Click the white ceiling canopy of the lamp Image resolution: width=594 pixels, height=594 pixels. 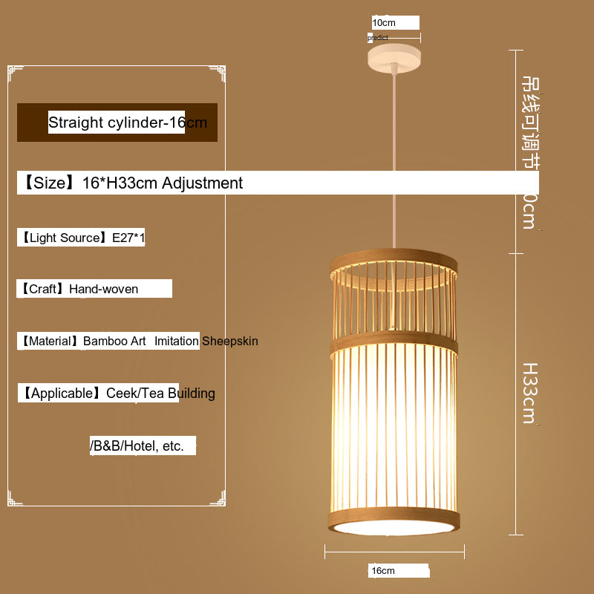coord(394,56)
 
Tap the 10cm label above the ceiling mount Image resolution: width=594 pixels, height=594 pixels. coord(384,23)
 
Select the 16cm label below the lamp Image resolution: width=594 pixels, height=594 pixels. coord(383,571)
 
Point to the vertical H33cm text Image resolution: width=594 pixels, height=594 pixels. coord(529,393)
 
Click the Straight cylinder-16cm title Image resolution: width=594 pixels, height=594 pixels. coord(127,123)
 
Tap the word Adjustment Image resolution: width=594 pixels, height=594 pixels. coord(202,183)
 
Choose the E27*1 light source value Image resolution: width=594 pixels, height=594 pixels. coord(128,238)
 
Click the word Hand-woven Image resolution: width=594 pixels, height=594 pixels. coord(103,289)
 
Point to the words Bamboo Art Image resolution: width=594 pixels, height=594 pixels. coord(114,341)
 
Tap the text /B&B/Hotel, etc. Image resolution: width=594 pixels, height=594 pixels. coord(137,446)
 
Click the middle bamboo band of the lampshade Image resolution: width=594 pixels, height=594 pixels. coord(394,342)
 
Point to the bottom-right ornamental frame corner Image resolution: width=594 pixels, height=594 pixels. coord(218,499)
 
